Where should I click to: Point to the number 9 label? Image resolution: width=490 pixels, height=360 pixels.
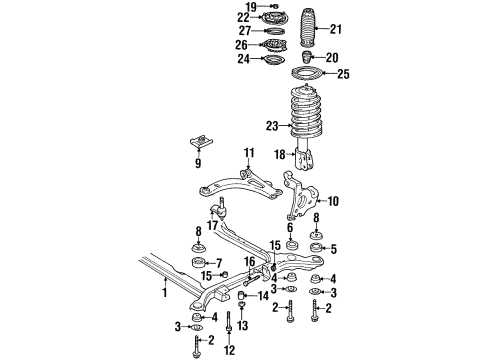[x=198, y=162]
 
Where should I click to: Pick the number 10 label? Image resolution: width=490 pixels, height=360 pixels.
[x=333, y=201]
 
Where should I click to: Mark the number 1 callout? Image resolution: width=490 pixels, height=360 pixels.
[x=166, y=293]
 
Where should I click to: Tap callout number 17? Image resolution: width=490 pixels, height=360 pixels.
[x=214, y=226]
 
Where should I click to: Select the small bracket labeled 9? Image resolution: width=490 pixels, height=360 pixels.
[x=198, y=142]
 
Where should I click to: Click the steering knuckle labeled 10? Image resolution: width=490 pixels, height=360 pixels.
[x=300, y=195]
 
